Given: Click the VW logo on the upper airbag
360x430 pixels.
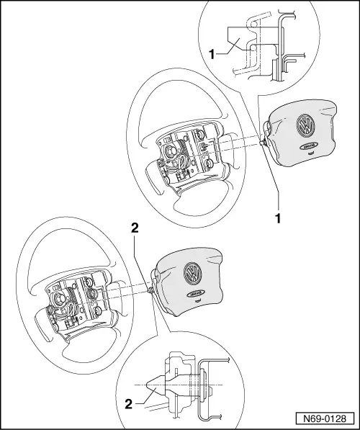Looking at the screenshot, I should click(305, 132).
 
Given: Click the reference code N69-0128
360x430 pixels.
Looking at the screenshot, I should click(329, 418).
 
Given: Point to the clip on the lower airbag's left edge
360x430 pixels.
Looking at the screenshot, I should click(150, 290).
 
